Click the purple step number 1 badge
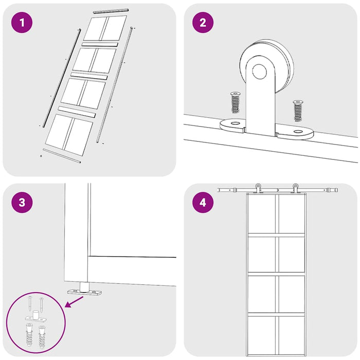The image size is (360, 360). [22, 23]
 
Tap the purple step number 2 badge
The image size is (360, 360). [203, 23]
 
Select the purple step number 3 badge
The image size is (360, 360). [22, 202]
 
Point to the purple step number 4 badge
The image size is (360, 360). [203, 202]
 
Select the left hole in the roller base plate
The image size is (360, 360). [235, 123]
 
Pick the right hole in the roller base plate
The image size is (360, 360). [298, 132]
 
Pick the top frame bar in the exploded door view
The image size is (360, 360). [110, 10]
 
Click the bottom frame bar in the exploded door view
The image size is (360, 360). [62, 156]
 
